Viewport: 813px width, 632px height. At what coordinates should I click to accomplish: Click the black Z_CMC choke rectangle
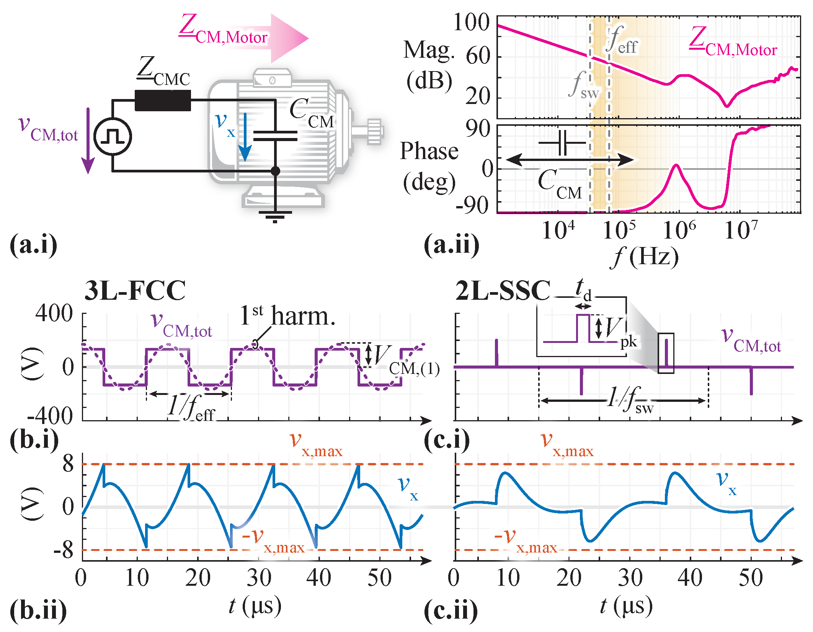click(163, 101)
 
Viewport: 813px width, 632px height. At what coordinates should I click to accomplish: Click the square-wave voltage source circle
click(113, 136)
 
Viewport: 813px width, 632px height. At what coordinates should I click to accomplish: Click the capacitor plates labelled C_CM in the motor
click(275, 136)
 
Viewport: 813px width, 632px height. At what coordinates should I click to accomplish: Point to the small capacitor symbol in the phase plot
click(562, 143)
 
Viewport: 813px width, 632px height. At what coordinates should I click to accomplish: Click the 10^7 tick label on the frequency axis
click(741, 230)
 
